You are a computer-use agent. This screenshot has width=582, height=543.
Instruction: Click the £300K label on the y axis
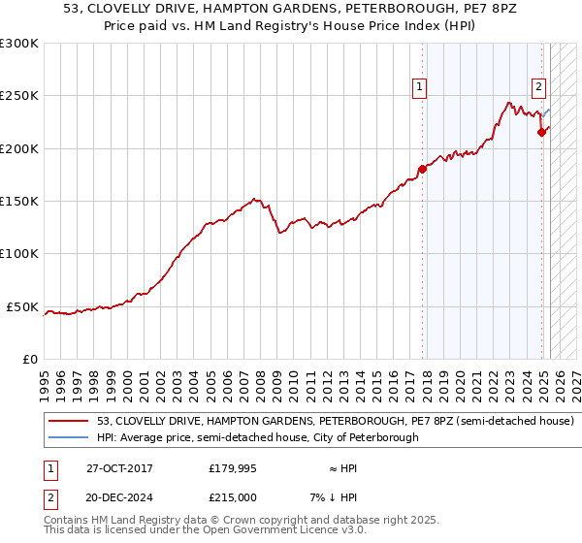pyautogui.click(x=19, y=44)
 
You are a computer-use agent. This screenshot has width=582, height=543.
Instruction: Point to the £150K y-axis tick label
pyautogui.click(x=19, y=202)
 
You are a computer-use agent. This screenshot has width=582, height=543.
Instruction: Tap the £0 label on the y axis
pyautogui.click(x=29, y=360)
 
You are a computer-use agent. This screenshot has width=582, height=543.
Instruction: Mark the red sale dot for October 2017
pyautogui.click(x=422, y=170)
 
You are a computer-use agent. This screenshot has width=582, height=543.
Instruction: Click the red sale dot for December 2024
pyautogui.click(x=542, y=133)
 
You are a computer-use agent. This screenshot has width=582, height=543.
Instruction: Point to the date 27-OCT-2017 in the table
pyautogui.click(x=119, y=468)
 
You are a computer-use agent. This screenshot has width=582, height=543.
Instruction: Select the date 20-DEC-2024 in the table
pyautogui.click(x=119, y=497)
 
